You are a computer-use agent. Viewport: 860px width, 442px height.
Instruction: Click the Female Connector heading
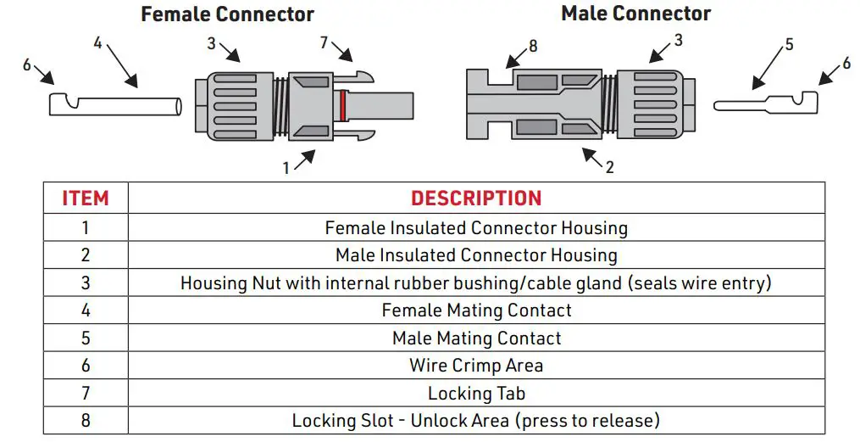click(227, 14)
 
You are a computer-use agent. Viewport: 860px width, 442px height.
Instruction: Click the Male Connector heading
click(635, 14)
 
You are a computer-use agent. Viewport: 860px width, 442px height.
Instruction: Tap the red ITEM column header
click(86, 199)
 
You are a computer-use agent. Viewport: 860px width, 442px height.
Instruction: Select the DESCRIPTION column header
click(476, 199)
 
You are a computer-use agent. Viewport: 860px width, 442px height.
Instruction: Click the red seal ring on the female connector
click(341, 108)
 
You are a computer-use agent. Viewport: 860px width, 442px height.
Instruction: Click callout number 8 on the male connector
click(533, 46)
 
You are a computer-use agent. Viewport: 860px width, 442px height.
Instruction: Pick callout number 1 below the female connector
click(286, 168)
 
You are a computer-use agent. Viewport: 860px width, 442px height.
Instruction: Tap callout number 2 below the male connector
click(609, 167)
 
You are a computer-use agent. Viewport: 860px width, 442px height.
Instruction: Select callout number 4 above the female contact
click(97, 42)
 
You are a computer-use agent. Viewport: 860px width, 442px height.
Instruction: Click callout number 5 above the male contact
click(789, 44)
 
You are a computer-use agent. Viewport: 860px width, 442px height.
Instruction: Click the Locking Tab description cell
click(476, 393)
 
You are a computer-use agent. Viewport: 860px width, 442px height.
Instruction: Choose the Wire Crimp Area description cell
click(476, 366)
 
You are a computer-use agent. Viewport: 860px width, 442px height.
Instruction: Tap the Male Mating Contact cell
click(476, 338)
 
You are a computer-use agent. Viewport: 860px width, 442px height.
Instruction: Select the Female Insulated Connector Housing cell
click(476, 228)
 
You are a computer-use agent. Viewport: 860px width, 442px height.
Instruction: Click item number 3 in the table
click(86, 283)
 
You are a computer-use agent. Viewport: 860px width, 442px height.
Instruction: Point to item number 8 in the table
click(86, 420)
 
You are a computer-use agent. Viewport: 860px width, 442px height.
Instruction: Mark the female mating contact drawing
click(114, 107)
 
